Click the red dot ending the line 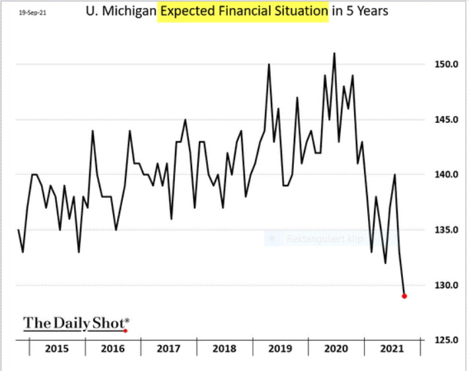[404, 296]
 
